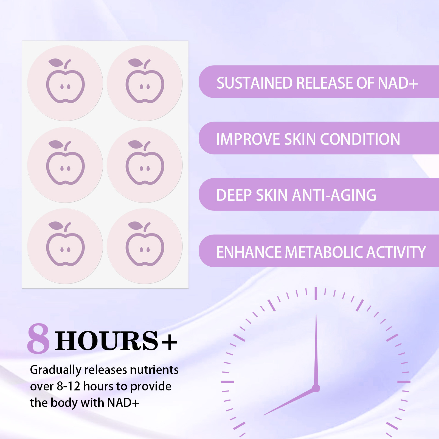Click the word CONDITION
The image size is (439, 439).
coord(360,139)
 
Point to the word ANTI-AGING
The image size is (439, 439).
coord(334,195)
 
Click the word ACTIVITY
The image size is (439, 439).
coord(396,252)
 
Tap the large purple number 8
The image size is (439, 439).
coord(38,338)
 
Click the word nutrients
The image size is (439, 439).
coord(154,370)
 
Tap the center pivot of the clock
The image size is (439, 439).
coord(316,388)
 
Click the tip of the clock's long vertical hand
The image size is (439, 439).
coord(316,313)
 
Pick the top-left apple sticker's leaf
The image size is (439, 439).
coord(56,63)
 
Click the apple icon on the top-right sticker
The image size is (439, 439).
coord(145,81)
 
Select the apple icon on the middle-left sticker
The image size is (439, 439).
coord(65,162)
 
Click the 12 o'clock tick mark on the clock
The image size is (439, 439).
coord(316,293)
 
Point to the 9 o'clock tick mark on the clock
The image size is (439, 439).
coord(227,382)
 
